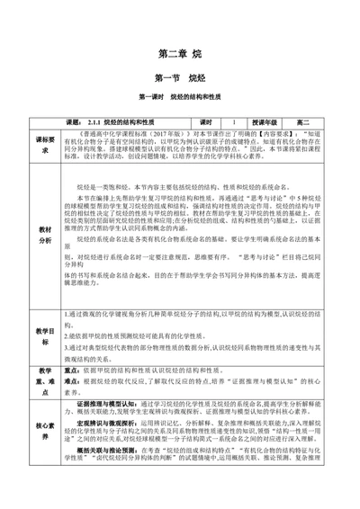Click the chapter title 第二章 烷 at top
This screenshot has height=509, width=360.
pyautogui.click(x=180, y=54)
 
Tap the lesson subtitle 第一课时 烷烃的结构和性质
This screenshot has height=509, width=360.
pyautogui.click(x=180, y=97)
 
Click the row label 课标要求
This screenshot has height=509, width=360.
pyautogui.click(x=47, y=146)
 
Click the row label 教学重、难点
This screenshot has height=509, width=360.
pyautogui.click(x=47, y=375)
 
